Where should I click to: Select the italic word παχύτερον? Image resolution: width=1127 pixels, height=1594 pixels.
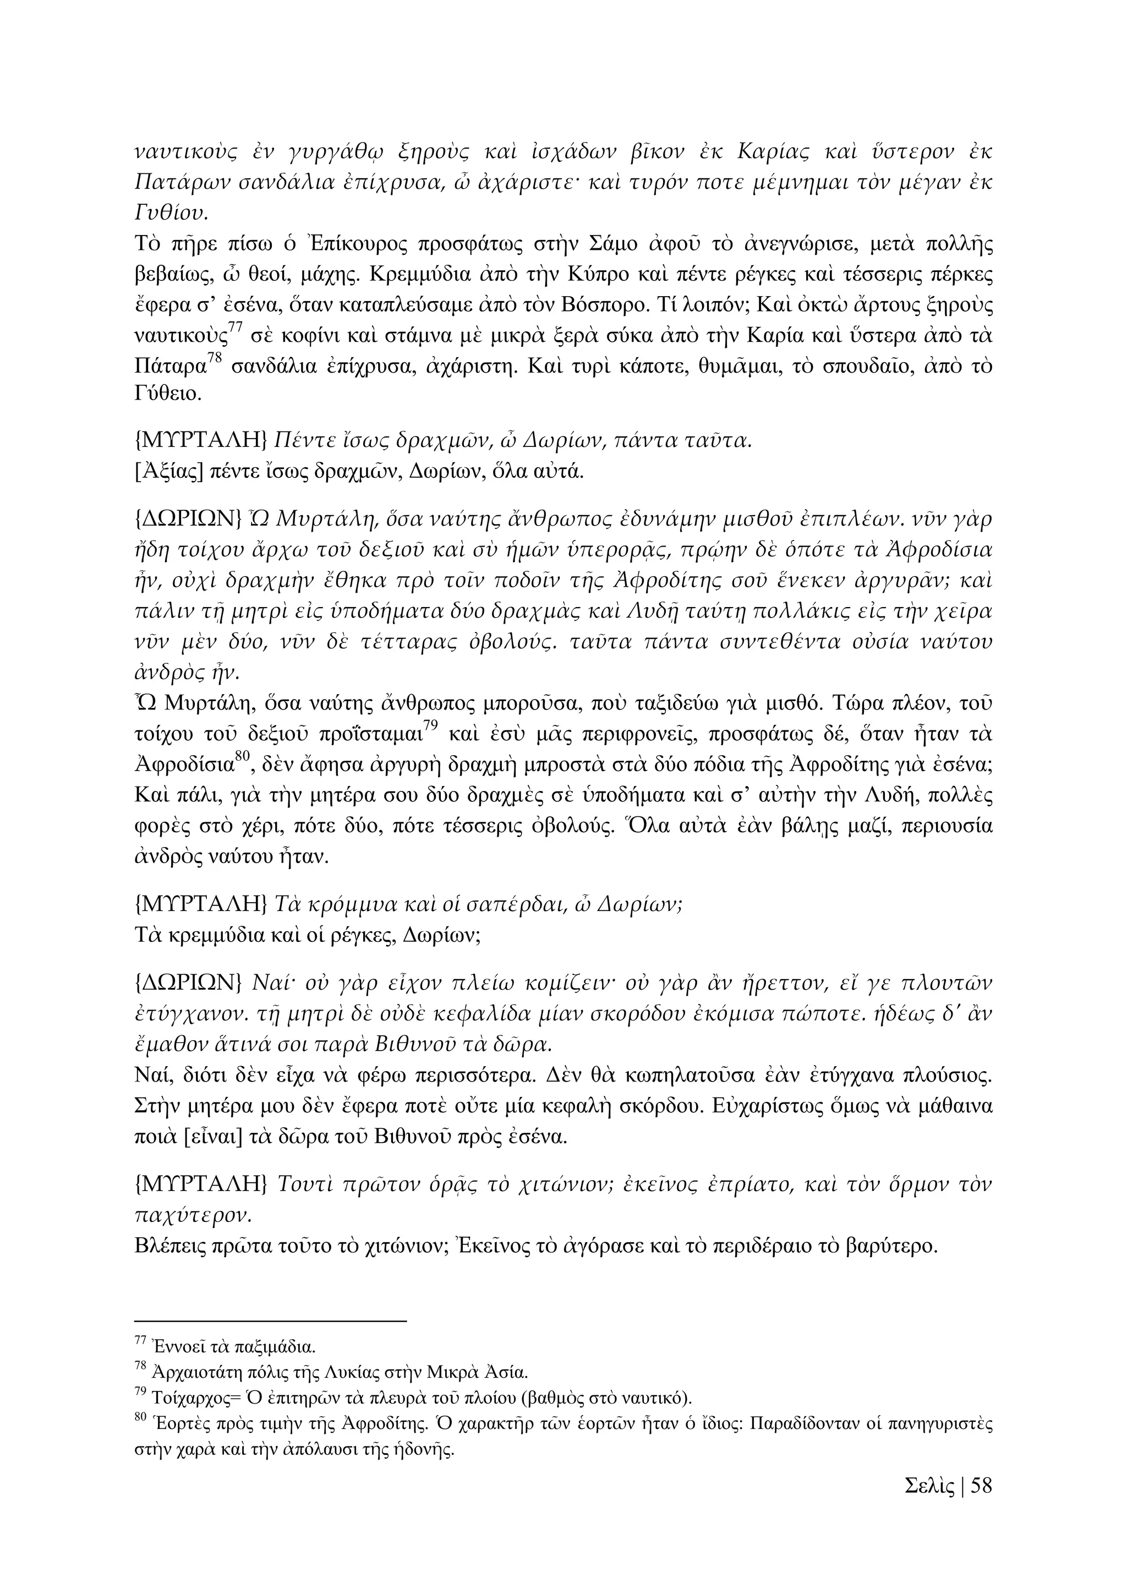192,1215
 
